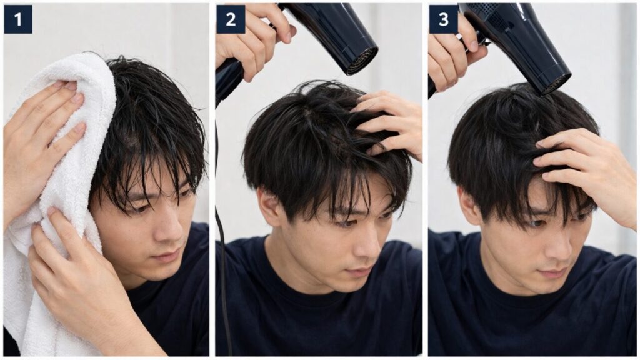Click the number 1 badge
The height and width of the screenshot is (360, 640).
point(17,19)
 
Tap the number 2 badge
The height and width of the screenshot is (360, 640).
point(231,19)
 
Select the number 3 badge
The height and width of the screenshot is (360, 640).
point(443,19)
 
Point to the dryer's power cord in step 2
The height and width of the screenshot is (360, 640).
point(221,250)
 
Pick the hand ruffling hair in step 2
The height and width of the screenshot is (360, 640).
point(391,122)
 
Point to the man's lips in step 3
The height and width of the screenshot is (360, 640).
point(554,272)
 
